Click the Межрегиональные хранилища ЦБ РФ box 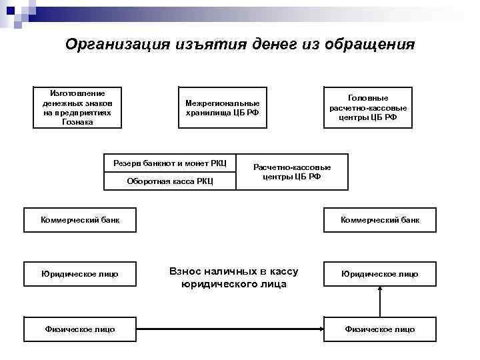pos(223,107)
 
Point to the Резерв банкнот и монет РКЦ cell pos(170,163)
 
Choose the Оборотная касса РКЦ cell pos(170,181)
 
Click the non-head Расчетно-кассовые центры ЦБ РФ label pos(292,172)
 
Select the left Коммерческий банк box pos(80,220)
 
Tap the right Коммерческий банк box pos(380,220)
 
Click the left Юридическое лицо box pos(80,274)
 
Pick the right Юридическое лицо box pos(380,274)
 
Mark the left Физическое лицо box pos(80,329)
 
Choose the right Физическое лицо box pos(380,329)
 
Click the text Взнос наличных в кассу pos(233,272)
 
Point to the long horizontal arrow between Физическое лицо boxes pos(230,329)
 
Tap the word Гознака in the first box pos(78,122)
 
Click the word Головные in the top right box pos(368,97)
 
